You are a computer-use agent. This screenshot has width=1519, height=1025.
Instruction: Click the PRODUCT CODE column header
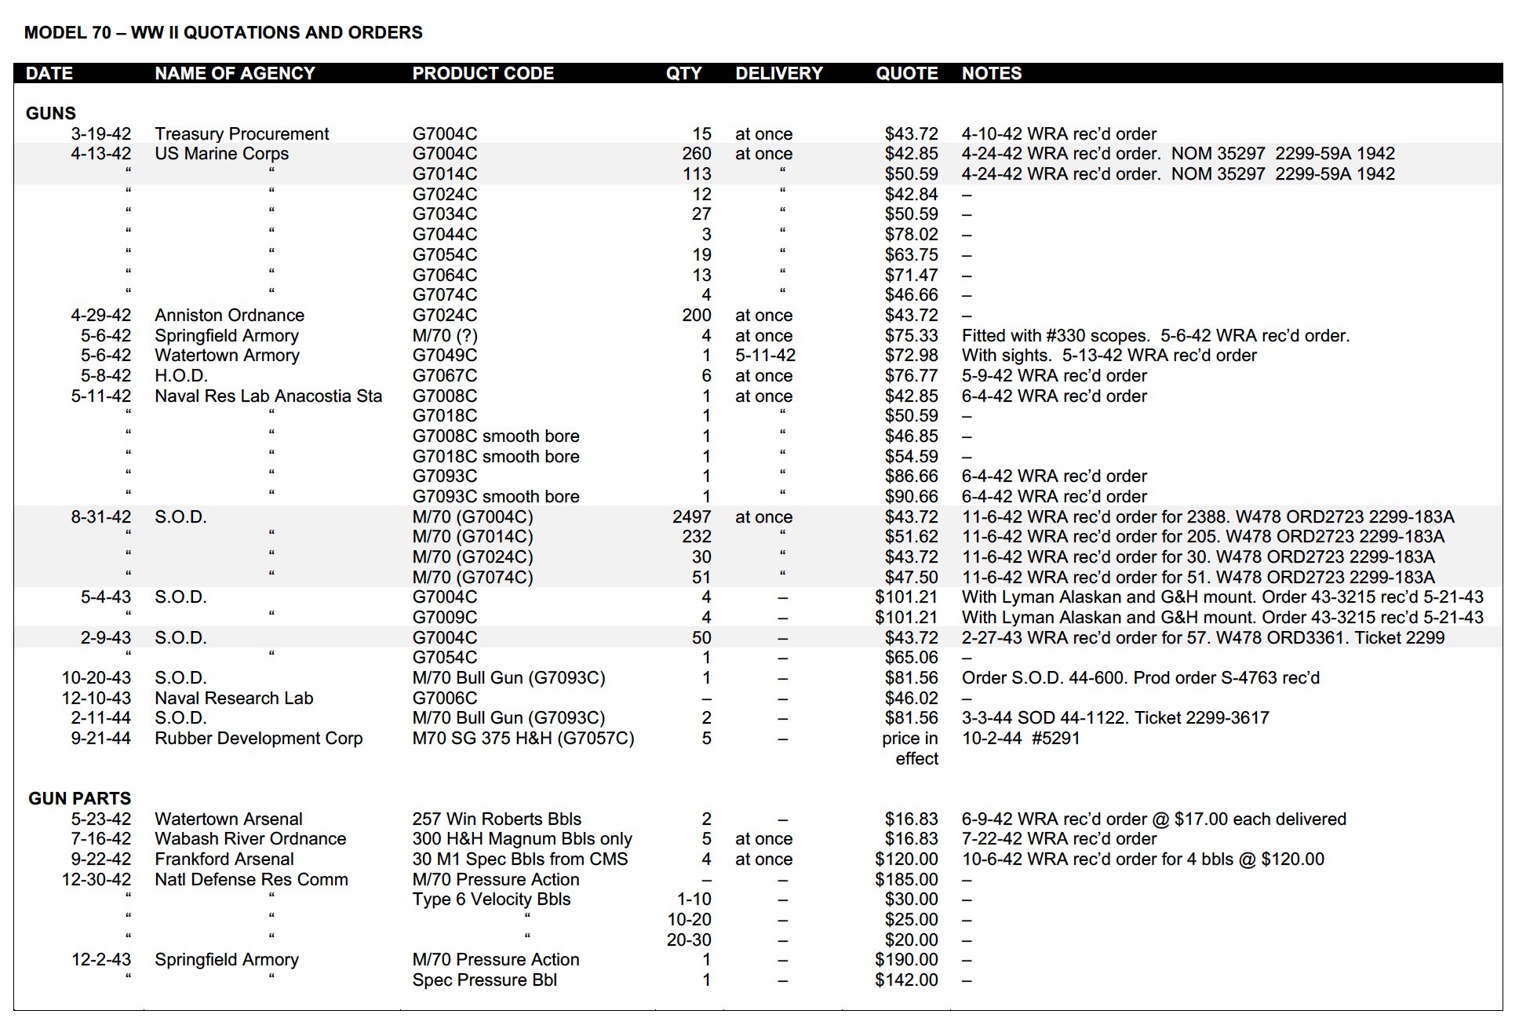coord(483,74)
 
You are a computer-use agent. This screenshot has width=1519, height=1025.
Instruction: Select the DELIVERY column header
coord(778,74)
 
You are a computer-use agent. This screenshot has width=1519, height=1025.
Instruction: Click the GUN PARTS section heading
coord(79,798)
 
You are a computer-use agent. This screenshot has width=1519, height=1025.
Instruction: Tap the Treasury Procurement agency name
coord(242,134)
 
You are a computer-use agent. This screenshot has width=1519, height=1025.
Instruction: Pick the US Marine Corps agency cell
coord(221,154)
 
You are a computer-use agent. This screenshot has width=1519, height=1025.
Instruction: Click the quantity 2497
coord(691,517)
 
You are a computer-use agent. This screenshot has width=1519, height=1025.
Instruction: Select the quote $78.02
coord(911,235)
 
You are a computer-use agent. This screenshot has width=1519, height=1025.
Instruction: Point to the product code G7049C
coord(444,356)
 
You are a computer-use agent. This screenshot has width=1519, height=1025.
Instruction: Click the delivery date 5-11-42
coord(765,356)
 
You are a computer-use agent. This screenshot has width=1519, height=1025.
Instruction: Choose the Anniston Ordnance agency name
coord(229,316)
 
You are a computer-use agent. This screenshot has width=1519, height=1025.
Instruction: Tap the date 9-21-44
coord(100,739)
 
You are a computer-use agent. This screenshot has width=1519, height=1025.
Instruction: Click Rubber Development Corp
coord(258,739)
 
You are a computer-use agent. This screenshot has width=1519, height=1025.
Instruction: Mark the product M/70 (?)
coord(445,336)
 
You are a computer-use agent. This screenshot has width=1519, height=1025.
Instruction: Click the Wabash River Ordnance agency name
coord(250,839)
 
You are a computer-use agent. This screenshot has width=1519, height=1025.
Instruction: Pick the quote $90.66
coord(911,497)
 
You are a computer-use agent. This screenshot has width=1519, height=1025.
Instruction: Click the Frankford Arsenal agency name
coord(224,859)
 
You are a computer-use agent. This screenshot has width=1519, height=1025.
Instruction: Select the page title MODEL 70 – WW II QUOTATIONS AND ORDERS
coord(223,33)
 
